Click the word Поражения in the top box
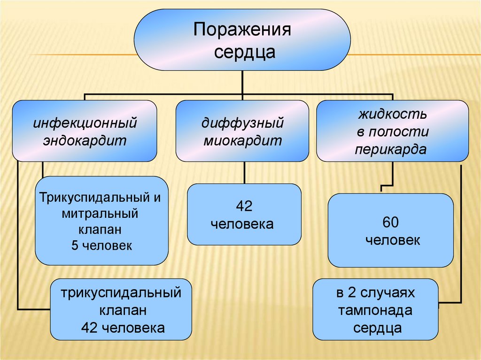(242, 31)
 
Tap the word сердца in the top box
(242, 51)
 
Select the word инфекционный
(85, 124)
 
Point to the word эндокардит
(85, 140)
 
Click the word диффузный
(243, 124)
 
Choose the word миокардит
(243, 140)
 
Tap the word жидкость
(393, 114)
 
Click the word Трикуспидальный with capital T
(94, 197)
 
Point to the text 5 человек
(102, 245)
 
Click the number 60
(391, 221)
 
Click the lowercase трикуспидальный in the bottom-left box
(121, 293)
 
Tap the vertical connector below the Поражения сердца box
(242, 82)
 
